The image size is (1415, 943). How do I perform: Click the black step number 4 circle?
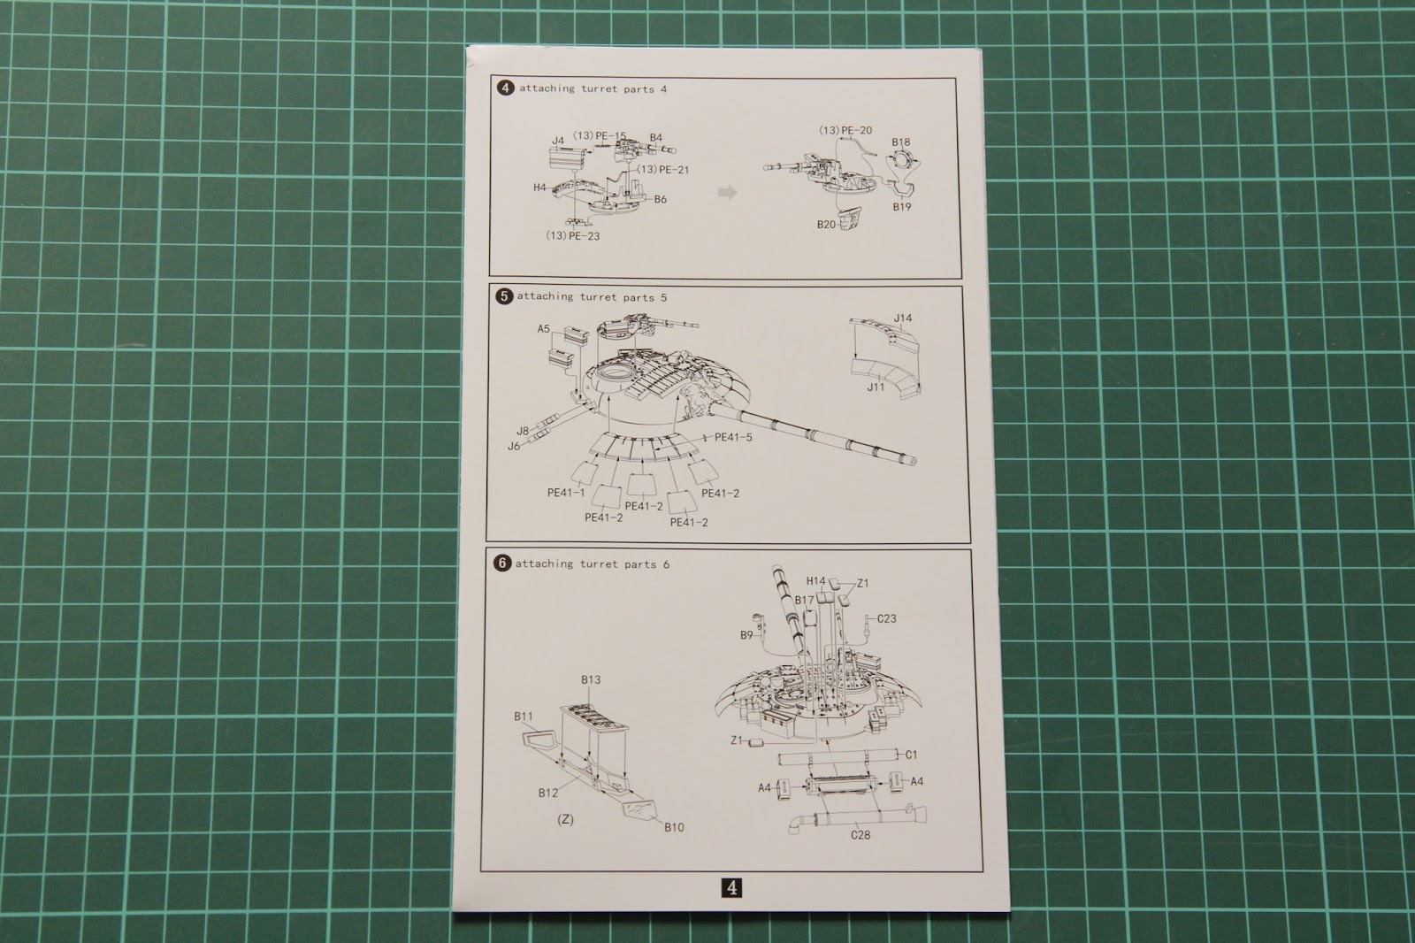[505, 88]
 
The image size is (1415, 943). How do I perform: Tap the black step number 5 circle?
[503, 296]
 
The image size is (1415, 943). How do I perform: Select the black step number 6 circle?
[502, 563]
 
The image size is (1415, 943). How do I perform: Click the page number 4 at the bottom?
[731, 887]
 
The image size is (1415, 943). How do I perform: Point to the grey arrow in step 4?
[728, 191]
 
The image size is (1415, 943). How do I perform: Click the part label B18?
[901, 142]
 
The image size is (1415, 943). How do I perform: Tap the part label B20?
[826, 225]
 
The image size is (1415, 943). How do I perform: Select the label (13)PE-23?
[572, 235]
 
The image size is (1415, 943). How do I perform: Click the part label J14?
[903, 318]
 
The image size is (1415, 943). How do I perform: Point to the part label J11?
[876, 387]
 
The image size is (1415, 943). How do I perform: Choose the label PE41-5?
[733, 437]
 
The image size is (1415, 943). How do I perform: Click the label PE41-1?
[566, 493]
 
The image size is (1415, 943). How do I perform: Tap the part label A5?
[544, 329]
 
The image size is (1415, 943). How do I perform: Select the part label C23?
[886, 618]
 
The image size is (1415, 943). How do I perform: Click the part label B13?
[591, 679]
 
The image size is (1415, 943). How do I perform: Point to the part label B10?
[674, 827]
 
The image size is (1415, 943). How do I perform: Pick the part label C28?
[860, 835]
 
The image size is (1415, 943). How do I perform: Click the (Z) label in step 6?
[565, 819]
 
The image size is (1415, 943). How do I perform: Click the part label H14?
[815, 581]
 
